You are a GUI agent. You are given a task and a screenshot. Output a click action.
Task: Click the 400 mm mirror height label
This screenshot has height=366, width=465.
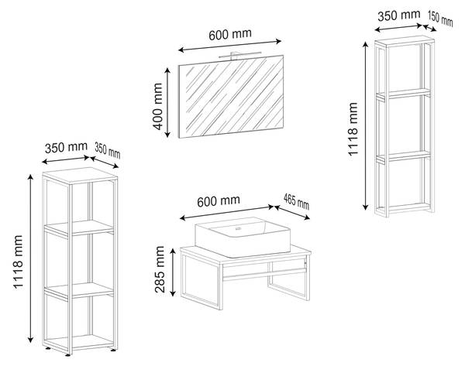pyautogui.click(x=158, y=106)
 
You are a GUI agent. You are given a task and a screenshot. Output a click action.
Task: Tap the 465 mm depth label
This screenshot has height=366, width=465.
pyautogui.click(x=296, y=201)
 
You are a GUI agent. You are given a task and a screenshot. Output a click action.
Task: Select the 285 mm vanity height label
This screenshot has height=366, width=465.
pyautogui.click(x=160, y=269)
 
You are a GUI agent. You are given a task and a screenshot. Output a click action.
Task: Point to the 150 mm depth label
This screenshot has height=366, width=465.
pyautogui.click(x=440, y=18)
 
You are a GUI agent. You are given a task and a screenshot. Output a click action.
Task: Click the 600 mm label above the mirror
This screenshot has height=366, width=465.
pyautogui.click(x=230, y=34)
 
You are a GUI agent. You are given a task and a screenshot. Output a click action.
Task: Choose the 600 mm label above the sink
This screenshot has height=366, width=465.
pyautogui.click(x=219, y=201)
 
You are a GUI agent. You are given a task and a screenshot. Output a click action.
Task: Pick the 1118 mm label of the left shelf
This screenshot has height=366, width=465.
pyautogui.click(x=18, y=262)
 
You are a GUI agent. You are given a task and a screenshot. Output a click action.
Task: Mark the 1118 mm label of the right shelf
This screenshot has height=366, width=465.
pyautogui.click(x=353, y=129)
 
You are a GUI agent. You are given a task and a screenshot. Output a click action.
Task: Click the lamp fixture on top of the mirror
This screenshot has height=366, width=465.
pyautogui.click(x=240, y=54)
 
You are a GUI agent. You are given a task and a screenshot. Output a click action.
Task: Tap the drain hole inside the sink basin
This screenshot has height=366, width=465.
pyautogui.click(x=237, y=228)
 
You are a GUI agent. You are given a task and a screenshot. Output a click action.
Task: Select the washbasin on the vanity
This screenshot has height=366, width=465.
pyautogui.click(x=243, y=237)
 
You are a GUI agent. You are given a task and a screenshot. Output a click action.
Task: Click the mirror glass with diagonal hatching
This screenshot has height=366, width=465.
pyautogui.click(x=231, y=97)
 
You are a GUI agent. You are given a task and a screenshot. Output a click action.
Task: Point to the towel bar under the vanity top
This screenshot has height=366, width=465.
pyautogui.click(x=264, y=274)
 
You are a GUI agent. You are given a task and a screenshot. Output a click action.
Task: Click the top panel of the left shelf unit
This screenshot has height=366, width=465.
pyautogui.click(x=80, y=176)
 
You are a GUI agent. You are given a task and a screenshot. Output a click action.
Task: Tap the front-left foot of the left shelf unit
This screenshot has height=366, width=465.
pyautogui.click(x=67, y=354)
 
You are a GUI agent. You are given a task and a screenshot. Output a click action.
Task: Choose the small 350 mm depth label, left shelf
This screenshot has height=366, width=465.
pyautogui.click(x=108, y=150)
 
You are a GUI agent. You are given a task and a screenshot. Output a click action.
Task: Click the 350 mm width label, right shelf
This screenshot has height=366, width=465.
pyautogui.click(x=399, y=15)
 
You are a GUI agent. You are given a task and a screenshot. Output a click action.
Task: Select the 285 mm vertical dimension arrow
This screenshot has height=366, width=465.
pyautogui.click(x=173, y=272)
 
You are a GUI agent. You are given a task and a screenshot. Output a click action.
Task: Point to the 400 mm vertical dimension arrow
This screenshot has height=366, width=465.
pyautogui.click(x=167, y=103)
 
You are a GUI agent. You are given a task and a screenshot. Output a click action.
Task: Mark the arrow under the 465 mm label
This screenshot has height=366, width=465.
pyautogui.click(x=292, y=213)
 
